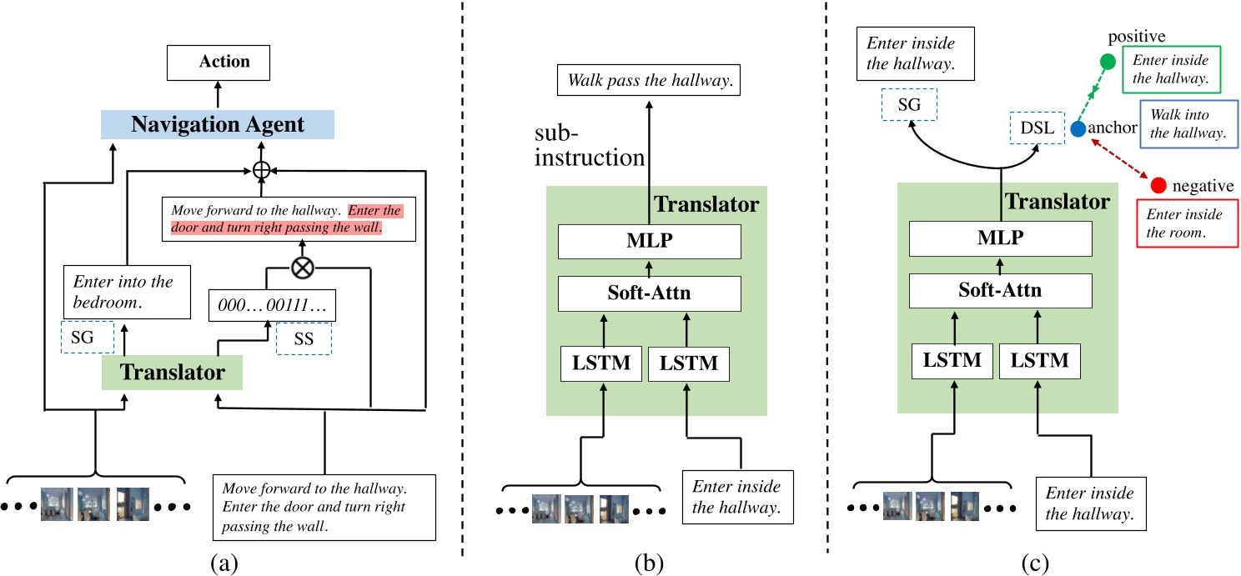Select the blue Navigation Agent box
pyautogui.click(x=218, y=123)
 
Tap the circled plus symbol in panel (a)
pyautogui.click(x=264, y=170)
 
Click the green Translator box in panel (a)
pyautogui.click(x=172, y=372)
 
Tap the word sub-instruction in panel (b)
pyautogui.click(x=590, y=146)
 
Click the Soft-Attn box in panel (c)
pyautogui.click(x=1000, y=292)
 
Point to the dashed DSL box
pyautogui.click(x=1037, y=128)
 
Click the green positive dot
pyautogui.click(x=1108, y=61)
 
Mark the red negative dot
pyautogui.click(x=1158, y=185)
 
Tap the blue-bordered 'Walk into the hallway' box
pyautogui.click(x=1188, y=124)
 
